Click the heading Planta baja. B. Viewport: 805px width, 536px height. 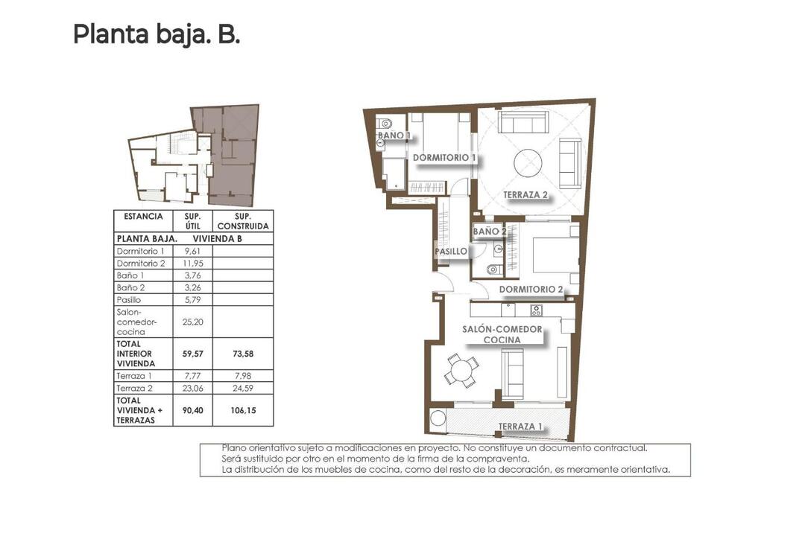157,35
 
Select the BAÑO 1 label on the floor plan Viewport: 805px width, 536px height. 394,135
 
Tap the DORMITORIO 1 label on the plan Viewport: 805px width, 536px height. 444,158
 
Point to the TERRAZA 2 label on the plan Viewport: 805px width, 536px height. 525,195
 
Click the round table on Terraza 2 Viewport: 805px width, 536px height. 528,163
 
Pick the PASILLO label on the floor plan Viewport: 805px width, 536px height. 451,252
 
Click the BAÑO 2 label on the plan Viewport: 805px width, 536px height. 490,232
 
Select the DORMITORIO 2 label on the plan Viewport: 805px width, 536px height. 531,290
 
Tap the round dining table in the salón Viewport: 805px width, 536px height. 462,370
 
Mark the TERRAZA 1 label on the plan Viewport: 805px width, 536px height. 520,427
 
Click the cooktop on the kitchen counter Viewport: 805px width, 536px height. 537,310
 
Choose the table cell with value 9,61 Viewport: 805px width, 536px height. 192,252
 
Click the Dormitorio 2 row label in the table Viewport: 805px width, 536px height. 141,263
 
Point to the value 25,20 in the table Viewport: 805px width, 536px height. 192,322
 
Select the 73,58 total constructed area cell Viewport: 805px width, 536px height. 243,354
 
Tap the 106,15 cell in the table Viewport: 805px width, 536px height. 243,410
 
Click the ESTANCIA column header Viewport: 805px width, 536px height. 143,217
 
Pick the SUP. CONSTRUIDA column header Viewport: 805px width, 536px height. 243,221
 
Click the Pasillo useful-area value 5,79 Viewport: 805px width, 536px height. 192,300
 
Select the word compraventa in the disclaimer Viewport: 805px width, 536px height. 497,459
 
